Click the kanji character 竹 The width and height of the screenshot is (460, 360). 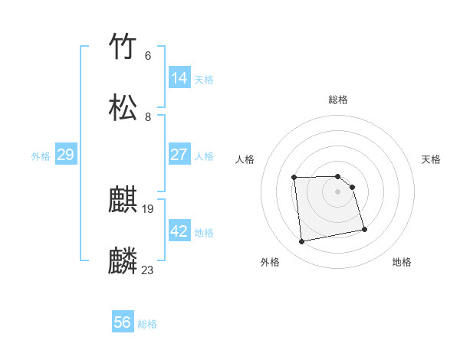pos(123,47)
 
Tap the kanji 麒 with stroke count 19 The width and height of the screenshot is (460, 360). pos(123,200)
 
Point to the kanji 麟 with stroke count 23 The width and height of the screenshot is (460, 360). pos(123,261)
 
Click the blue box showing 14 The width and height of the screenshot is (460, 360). pos(179,77)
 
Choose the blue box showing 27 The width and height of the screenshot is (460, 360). pos(179,154)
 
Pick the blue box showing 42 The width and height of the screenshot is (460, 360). pos(179,231)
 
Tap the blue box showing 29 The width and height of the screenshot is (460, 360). pos(65,155)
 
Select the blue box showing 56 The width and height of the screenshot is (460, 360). pos(123,322)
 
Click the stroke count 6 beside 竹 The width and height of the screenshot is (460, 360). pos(148,55)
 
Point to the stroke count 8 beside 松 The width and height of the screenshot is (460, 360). pos(148,116)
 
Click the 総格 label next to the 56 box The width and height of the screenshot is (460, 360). pos(147,324)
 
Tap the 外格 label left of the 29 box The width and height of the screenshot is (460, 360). pos(41,155)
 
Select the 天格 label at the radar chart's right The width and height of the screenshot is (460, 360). pos(431,159)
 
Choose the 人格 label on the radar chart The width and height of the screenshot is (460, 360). pos(245,159)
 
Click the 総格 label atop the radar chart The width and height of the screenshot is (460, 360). pos(338,100)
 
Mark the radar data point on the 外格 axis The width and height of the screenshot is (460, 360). pos(302,242)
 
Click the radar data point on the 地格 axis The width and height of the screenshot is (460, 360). pos(364,229)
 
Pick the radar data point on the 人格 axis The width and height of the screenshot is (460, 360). pos(294,178)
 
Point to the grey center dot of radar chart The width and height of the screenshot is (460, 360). pos(338,191)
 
